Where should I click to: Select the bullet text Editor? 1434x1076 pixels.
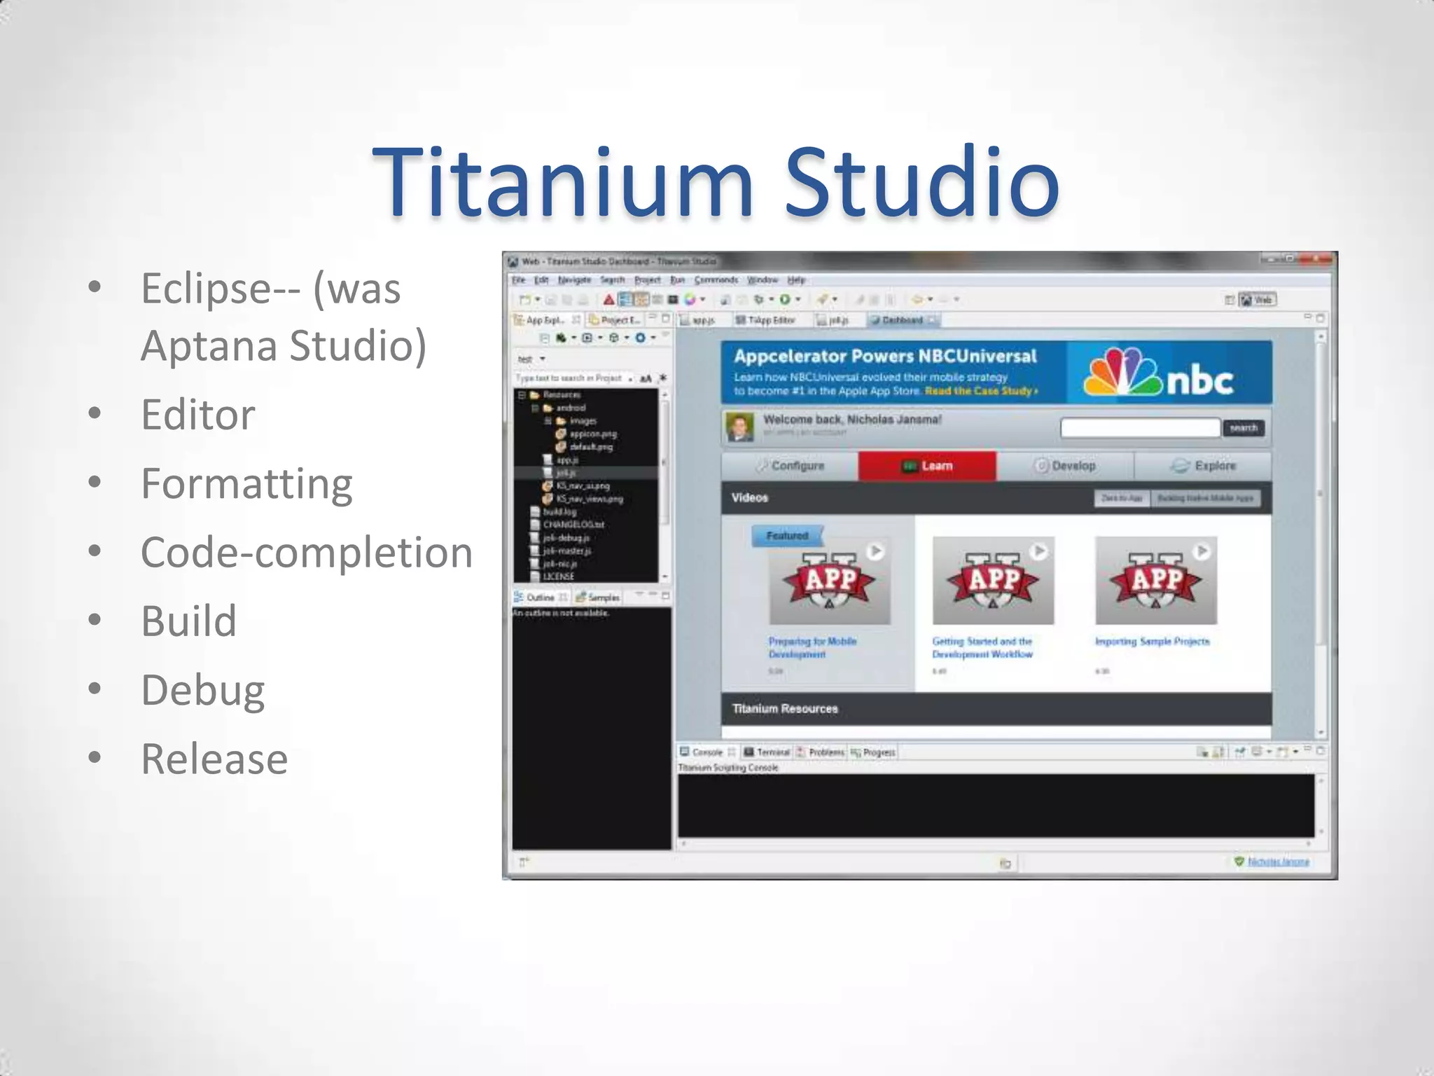tap(198, 415)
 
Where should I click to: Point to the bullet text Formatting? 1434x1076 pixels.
tap(246, 484)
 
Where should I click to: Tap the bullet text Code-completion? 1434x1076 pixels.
tap(307, 553)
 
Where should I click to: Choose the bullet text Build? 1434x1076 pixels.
tap(189, 621)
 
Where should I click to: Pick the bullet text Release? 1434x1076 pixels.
tap(214, 759)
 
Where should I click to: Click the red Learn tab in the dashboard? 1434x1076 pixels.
tap(928, 466)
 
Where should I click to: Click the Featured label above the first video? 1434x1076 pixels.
tap(787, 536)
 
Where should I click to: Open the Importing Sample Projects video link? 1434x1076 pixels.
tap(1152, 642)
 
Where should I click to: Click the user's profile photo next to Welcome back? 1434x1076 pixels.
tap(739, 427)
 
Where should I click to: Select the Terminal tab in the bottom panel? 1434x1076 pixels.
tap(767, 752)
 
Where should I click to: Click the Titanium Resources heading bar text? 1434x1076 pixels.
tap(785, 709)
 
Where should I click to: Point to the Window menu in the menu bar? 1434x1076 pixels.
tap(763, 280)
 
